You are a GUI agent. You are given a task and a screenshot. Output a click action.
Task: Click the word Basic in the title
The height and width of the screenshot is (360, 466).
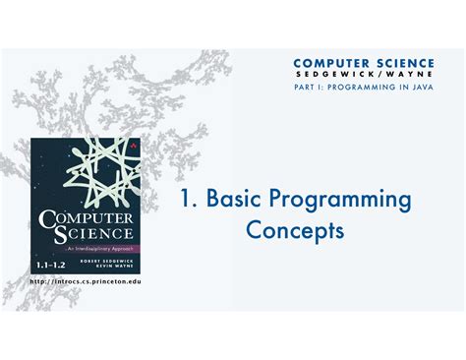(x=231, y=201)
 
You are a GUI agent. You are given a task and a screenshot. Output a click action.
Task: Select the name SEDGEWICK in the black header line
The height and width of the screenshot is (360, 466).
(x=329, y=75)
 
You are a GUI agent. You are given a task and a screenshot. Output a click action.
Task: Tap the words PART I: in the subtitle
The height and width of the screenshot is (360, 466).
(x=310, y=88)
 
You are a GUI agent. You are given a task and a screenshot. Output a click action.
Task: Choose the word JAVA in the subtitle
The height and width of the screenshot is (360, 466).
(x=419, y=88)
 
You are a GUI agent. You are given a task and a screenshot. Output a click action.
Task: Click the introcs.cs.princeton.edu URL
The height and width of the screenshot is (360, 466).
(x=86, y=281)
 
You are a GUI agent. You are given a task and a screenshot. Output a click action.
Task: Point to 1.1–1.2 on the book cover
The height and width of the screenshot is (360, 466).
(x=52, y=265)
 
